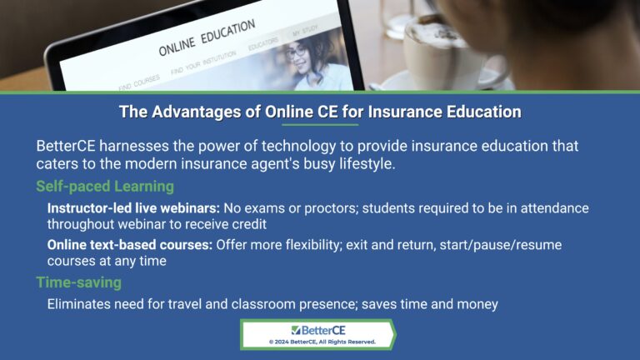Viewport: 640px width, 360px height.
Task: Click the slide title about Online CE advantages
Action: point(320,112)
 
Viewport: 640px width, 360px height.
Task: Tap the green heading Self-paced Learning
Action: point(104,187)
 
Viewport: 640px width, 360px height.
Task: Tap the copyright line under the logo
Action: point(321,342)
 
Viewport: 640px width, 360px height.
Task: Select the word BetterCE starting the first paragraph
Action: point(68,146)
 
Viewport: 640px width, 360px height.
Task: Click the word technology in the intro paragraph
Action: point(275,146)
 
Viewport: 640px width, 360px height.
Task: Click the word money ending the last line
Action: point(479,304)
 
